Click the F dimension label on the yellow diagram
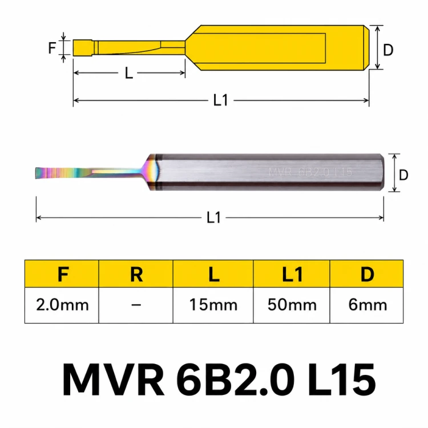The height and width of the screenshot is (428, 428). pyautogui.click(x=52, y=48)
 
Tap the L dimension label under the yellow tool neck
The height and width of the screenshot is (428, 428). pyautogui.click(x=129, y=73)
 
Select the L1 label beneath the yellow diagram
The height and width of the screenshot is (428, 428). pyautogui.click(x=220, y=100)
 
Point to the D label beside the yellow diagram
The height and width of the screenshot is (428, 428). pyautogui.click(x=388, y=50)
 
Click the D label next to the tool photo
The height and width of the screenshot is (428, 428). pyautogui.click(x=403, y=175)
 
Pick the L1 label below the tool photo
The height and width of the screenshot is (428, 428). pyautogui.click(x=214, y=217)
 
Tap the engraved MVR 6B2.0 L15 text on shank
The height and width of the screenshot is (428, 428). pyautogui.click(x=310, y=172)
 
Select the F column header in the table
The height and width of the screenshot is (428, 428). pyautogui.click(x=63, y=274)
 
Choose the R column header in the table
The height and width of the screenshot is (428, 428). pyautogui.click(x=136, y=274)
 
